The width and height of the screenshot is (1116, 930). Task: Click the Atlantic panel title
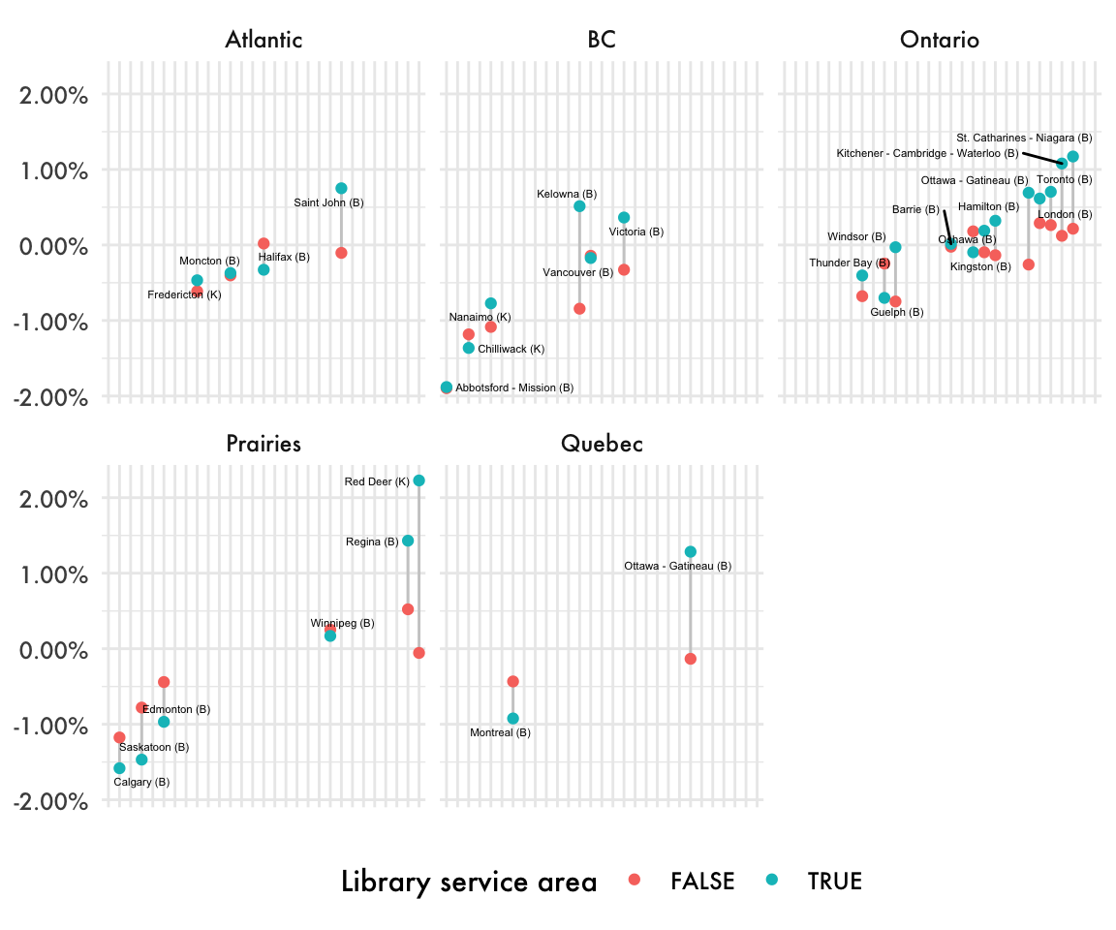tap(263, 40)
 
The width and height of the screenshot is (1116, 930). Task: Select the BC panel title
tap(602, 40)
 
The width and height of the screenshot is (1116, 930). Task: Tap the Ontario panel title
tap(939, 40)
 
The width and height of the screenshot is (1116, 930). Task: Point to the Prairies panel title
tap(263, 444)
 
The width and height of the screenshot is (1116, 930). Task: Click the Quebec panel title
tap(602, 444)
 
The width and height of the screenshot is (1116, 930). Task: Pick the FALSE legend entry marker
tap(635, 881)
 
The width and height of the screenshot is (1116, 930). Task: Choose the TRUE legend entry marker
tap(771, 881)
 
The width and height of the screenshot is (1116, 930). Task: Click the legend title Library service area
tap(469, 882)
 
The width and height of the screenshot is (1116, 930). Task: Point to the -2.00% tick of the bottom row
tap(53, 801)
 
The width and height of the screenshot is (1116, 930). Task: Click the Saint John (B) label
tap(328, 202)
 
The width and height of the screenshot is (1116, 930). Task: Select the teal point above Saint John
tap(341, 188)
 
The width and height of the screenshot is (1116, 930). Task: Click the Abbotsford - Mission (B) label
tap(514, 387)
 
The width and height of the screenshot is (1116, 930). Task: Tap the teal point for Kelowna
tap(579, 206)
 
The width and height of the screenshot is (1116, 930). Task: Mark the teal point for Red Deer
tap(418, 480)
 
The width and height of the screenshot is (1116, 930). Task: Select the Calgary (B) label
tap(141, 782)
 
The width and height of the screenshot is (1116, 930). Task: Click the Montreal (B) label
tap(500, 732)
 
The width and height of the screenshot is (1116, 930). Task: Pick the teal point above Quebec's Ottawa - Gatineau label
tap(691, 552)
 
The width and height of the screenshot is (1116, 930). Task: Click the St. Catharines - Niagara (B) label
tap(1024, 138)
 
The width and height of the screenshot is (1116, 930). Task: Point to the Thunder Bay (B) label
tap(850, 263)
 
